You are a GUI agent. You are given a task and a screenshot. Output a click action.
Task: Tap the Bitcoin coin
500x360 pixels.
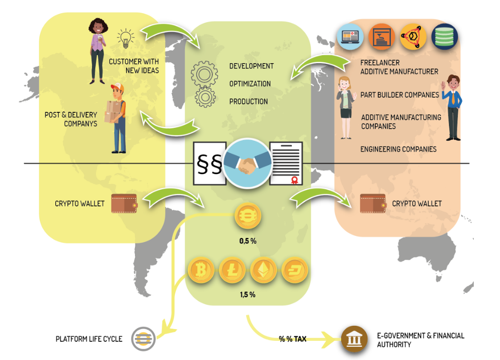click(x=201, y=270)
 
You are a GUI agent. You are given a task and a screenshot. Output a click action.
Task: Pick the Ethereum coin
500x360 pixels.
click(x=263, y=270)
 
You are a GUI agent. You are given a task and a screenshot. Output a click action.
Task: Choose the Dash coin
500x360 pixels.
click(x=295, y=270)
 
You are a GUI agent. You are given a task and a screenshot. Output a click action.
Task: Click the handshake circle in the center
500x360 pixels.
click(x=246, y=163)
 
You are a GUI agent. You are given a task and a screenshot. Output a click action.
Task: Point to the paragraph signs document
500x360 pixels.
click(x=209, y=163)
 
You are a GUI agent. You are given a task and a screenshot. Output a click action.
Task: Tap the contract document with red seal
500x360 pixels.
click(x=286, y=163)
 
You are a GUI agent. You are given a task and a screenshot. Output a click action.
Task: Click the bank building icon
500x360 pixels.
click(x=354, y=339)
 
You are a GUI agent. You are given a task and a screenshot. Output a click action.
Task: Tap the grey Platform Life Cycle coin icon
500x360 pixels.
click(x=142, y=338)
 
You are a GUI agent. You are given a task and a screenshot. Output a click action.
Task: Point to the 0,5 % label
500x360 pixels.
click(x=247, y=241)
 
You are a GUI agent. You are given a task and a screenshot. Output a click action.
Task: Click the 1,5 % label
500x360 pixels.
click(x=247, y=295)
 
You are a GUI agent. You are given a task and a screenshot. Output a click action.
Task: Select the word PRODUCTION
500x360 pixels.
click(x=248, y=102)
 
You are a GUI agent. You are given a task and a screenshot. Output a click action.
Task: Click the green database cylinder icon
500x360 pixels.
click(x=444, y=37)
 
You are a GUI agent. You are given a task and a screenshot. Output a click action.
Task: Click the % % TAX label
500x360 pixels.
click(x=292, y=339)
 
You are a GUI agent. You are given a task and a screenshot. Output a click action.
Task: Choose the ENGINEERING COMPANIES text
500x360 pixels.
click(x=398, y=149)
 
